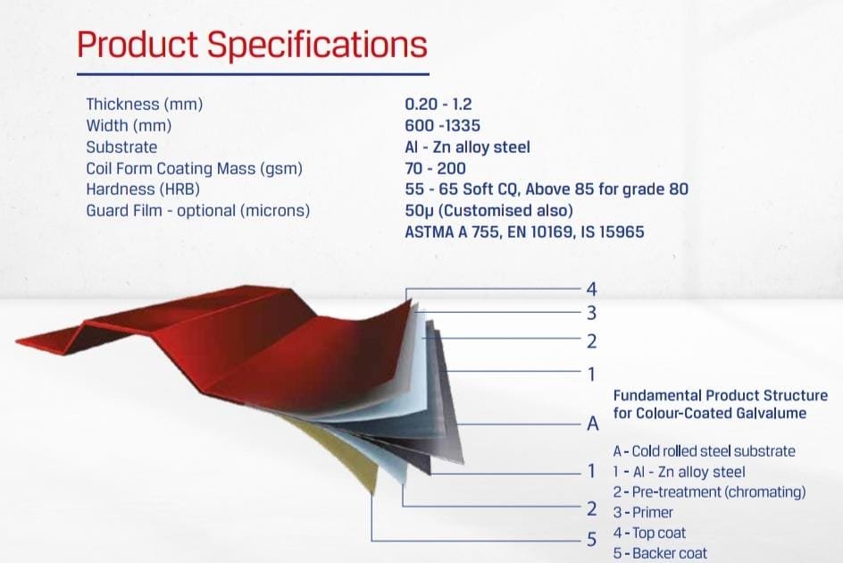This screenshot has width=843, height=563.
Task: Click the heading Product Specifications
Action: [252, 44]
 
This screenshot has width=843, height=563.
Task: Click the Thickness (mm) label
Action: [145, 104]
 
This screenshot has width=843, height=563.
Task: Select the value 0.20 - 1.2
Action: [438, 104]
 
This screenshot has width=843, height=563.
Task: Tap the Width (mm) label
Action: [129, 125]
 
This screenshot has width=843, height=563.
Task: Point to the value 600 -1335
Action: [442, 125]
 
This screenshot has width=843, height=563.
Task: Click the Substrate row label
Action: [121, 147]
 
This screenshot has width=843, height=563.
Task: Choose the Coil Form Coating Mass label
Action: [194, 169]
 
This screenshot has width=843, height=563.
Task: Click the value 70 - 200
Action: [436, 169]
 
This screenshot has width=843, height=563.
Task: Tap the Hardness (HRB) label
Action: [143, 189]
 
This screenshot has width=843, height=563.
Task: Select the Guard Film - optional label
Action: [198, 210]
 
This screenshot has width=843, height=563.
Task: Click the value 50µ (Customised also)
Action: [488, 210]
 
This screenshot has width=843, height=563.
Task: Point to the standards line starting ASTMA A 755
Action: [524, 232]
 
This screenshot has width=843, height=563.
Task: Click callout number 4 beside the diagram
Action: [591, 290]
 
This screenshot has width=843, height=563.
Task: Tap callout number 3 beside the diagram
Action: [591, 313]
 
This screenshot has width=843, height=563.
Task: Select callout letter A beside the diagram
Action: [592, 424]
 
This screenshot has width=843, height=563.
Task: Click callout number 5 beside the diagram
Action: [591, 539]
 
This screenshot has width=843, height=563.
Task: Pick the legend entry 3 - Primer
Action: [643, 512]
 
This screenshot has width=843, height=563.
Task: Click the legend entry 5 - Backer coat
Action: [660, 553]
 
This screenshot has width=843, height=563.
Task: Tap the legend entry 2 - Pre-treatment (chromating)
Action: [710, 492]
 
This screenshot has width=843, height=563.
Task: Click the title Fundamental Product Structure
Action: [721, 396]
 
